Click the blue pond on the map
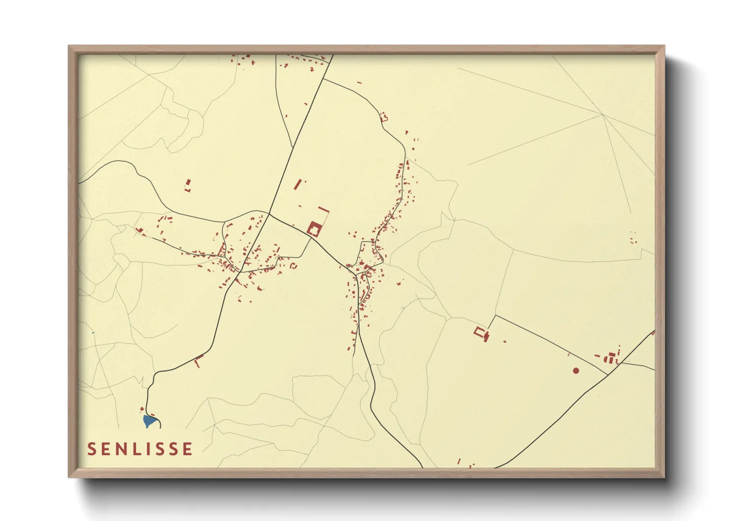click(x=149, y=421)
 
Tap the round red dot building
click(x=576, y=370)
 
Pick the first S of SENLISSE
click(x=92, y=449)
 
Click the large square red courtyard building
click(x=314, y=229)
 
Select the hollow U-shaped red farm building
click(x=479, y=332)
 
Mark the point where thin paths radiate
click(x=603, y=115)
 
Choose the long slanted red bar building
click(x=297, y=185)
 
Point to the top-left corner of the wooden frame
click(x=69, y=46)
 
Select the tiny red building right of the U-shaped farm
click(x=504, y=341)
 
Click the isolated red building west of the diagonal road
click(x=188, y=185)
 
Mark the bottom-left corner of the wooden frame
click(x=69, y=477)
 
